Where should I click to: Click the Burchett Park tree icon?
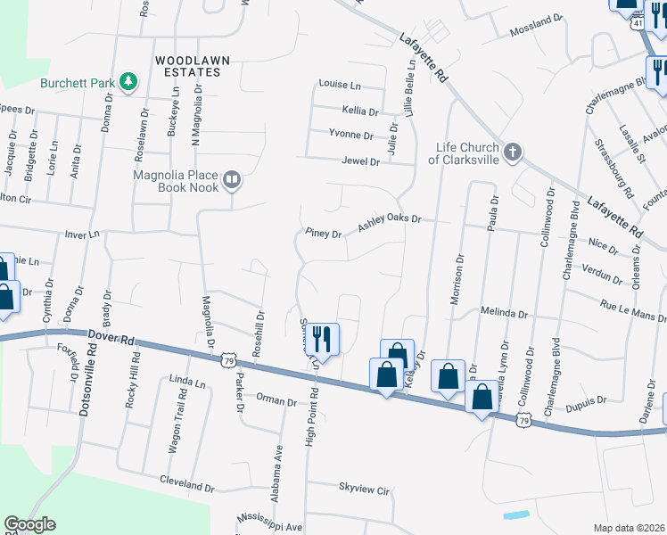point(129,82)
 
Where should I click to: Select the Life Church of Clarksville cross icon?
point(512,152)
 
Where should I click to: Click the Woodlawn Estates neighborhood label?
point(193,65)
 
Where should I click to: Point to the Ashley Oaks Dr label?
point(389,223)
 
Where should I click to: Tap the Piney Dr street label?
point(324,235)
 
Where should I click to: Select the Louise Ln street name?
point(339,86)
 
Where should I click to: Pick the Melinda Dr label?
point(505,314)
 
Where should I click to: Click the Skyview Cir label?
point(365,490)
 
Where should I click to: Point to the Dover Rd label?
point(111,338)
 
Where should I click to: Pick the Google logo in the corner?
point(29,524)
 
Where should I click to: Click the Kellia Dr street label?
point(360,111)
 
